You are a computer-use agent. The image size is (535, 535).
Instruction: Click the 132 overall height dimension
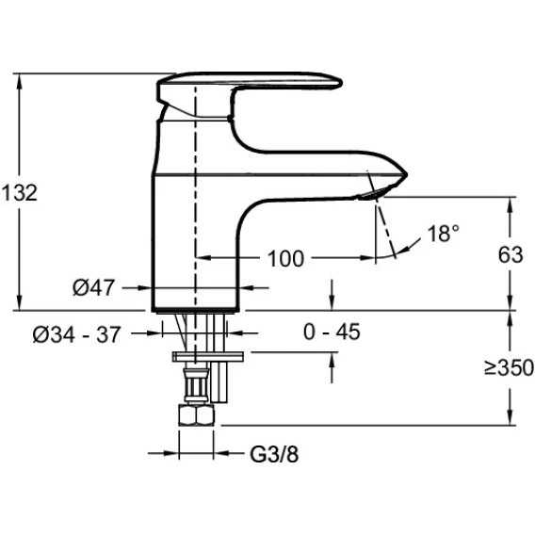[x=20, y=193]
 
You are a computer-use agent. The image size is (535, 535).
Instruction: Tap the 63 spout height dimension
[x=511, y=255]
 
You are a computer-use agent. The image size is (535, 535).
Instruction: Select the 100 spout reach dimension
[x=286, y=259]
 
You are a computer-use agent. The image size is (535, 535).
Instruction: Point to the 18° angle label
[x=443, y=234]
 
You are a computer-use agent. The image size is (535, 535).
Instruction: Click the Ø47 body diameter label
[x=93, y=287]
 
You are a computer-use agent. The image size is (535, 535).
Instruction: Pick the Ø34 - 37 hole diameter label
[x=77, y=334]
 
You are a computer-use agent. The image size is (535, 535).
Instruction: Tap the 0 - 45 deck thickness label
[x=332, y=332]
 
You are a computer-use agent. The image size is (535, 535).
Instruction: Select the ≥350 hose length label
[x=509, y=367]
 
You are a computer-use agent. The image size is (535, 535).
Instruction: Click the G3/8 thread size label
[x=274, y=454]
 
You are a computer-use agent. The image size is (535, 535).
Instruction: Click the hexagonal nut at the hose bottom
[x=196, y=414]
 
